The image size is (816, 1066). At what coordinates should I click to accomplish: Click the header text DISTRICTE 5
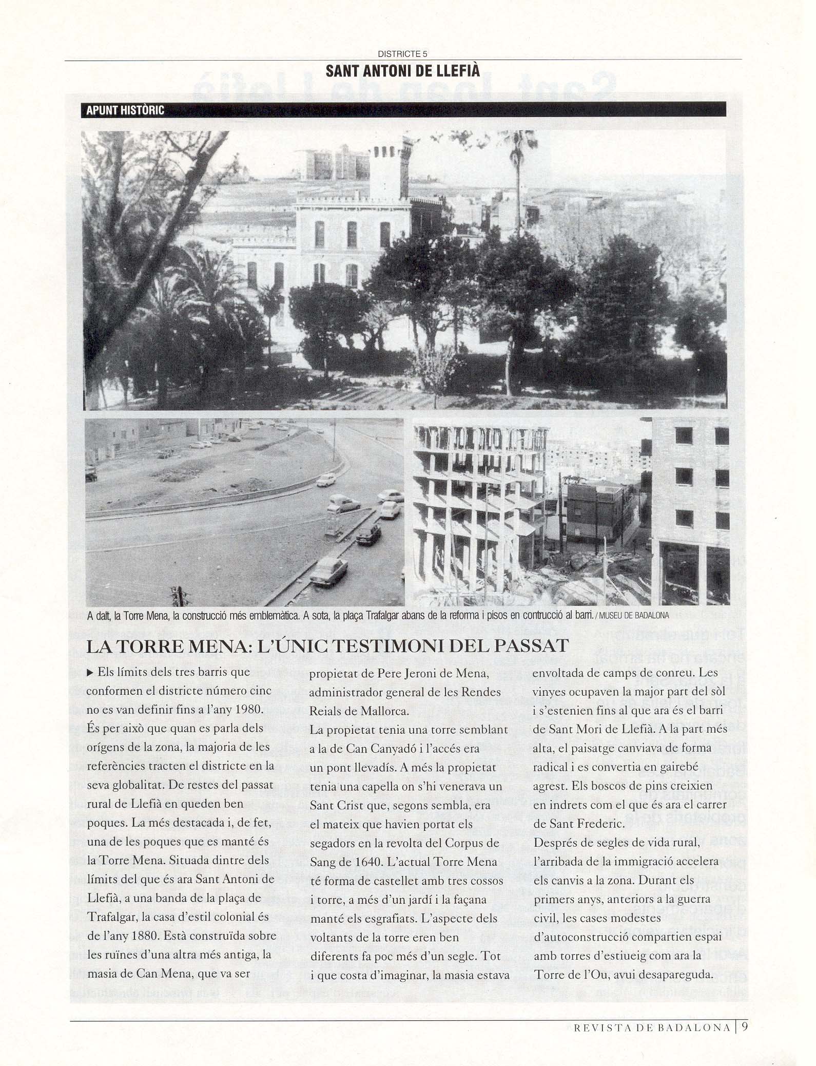pyautogui.click(x=402, y=53)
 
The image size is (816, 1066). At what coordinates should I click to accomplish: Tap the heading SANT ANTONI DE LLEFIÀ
pyautogui.click(x=402, y=70)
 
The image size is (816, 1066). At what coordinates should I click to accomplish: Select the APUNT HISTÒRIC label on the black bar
pyautogui.click(x=125, y=110)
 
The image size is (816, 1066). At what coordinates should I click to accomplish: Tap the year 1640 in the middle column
pyautogui.click(x=361, y=862)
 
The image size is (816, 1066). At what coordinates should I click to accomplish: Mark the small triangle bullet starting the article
pyautogui.click(x=90, y=673)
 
